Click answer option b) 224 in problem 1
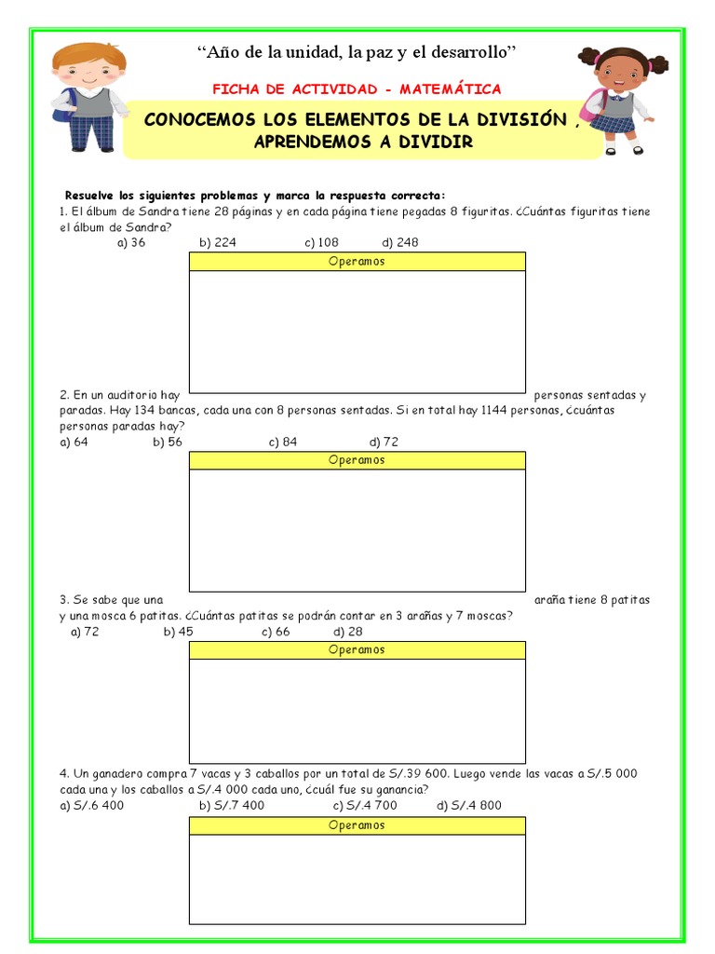click(x=218, y=243)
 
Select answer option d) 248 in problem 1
click(x=400, y=243)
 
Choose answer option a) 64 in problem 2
click(x=74, y=442)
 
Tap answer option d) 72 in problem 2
click(x=384, y=442)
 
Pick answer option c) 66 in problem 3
click(x=277, y=632)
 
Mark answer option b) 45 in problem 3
click(x=179, y=632)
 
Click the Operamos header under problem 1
click(x=357, y=262)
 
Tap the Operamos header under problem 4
click(x=357, y=825)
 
